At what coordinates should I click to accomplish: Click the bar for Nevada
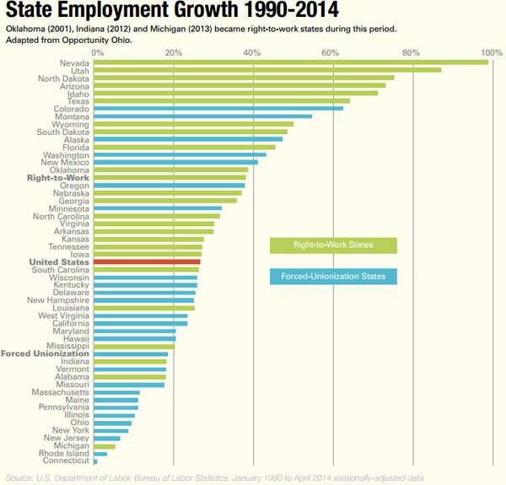[291, 62]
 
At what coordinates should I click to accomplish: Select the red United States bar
[147, 262]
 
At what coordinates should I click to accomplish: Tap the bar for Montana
[202, 116]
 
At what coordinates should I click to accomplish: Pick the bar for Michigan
[105, 445]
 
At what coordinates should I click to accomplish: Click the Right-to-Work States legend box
[333, 245]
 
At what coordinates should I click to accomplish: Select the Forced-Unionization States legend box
[333, 276]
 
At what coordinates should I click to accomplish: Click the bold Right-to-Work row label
[57, 177]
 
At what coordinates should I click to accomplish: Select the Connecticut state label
[65, 461]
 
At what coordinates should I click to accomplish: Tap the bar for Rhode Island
[100, 453]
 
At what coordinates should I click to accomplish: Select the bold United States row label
[59, 262]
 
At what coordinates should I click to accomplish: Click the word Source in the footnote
[21, 477]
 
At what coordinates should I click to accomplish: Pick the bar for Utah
[267, 69]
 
